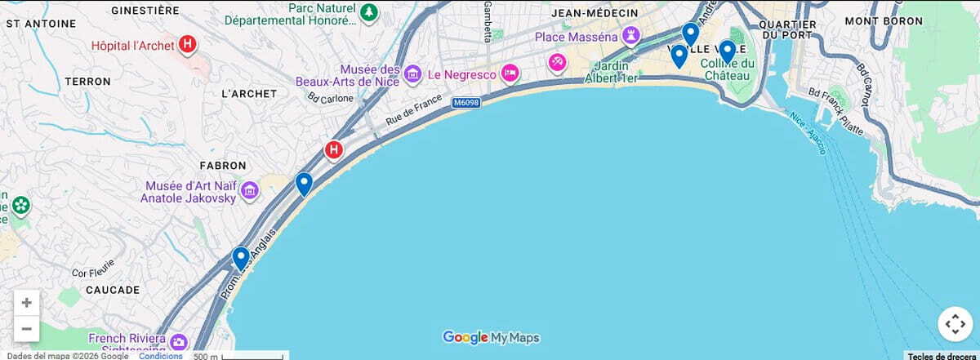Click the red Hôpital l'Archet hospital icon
(187, 45)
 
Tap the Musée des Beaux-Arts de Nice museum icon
(412, 75)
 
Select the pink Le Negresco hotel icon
(510, 73)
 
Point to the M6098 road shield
(466, 102)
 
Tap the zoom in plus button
(26, 303)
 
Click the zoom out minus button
(26, 328)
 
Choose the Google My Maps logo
(491, 337)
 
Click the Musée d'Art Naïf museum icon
(250, 192)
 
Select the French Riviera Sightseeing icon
(179, 342)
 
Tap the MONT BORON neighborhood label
(884, 21)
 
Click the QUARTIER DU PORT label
(787, 29)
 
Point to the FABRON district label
(223, 165)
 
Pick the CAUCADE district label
(113, 290)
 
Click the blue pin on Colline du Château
(727, 51)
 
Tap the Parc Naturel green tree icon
(370, 12)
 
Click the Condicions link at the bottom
(160, 355)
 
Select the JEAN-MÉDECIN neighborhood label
(594, 13)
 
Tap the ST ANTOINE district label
(35, 24)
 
